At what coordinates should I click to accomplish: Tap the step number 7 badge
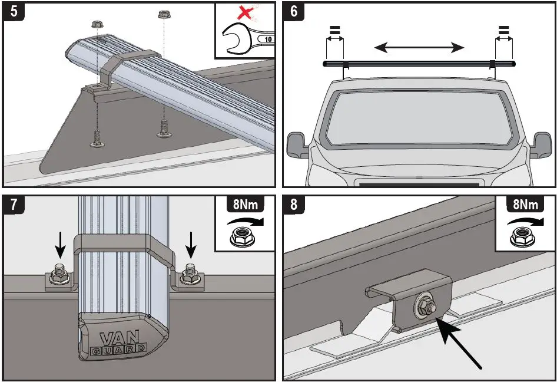point(13,206)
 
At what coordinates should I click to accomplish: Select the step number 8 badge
point(293,206)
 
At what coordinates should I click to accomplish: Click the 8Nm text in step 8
point(525,205)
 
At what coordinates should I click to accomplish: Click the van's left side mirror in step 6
point(298,145)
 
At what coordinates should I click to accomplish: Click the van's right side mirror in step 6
point(542,144)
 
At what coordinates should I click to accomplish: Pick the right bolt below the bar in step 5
point(164,127)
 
